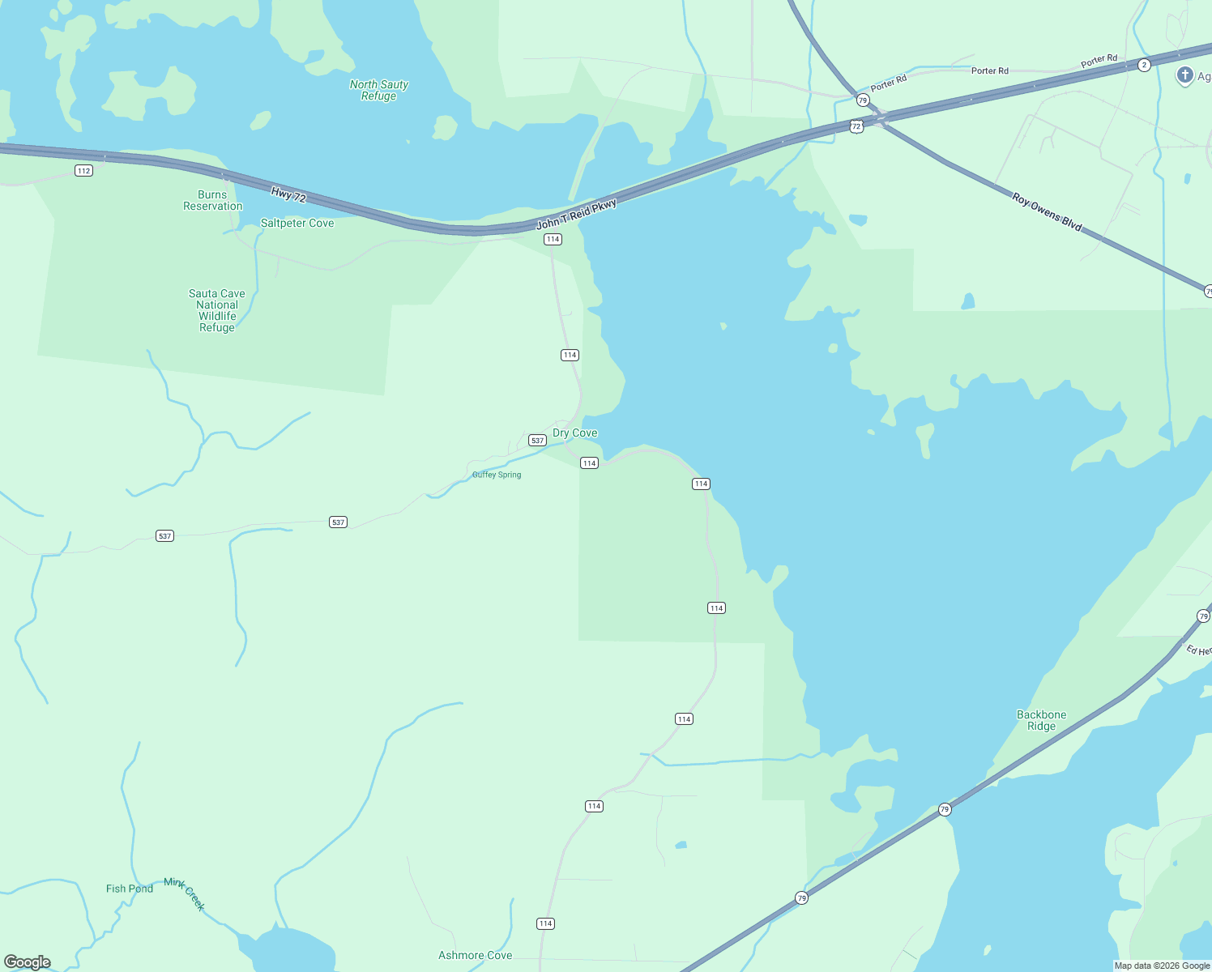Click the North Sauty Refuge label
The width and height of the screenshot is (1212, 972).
point(379,90)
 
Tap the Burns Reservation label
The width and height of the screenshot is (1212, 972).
point(213,200)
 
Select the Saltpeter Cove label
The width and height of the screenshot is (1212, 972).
point(297,223)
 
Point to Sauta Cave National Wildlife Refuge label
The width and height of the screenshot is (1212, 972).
point(217,310)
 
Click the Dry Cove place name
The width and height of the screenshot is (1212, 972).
point(575,433)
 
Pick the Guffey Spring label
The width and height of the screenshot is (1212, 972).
point(497,475)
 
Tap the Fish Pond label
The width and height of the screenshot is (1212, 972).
point(130,889)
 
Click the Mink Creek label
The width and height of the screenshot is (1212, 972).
point(186,893)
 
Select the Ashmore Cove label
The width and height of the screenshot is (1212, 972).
point(476,955)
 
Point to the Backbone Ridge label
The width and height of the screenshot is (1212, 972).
point(1042,720)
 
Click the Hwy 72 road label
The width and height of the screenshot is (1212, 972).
point(288,195)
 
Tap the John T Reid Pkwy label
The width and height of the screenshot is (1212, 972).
point(577,213)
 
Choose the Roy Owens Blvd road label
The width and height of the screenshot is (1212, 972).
point(1047,211)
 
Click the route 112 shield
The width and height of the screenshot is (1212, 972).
point(83,170)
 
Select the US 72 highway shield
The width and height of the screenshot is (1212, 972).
point(856,126)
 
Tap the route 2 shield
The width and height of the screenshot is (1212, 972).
point(1144,65)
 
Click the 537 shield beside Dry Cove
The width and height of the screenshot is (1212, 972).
point(537,440)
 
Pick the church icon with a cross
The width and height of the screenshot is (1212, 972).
point(1184,76)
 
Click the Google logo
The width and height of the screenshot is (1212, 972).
point(28,962)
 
